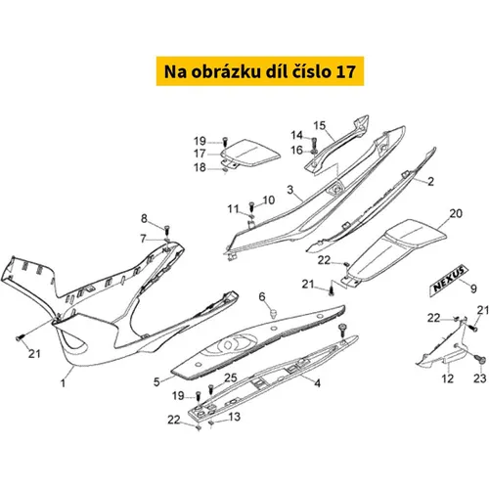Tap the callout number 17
pyautogui.click(x=200, y=154)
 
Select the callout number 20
pyautogui.click(x=456, y=213)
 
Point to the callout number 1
pyautogui.click(x=64, y=382)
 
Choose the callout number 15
pyautogui.click(x=320, y=125)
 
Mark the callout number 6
pyautogui.click(x=262, y=296)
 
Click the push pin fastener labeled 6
pyautogui.click(x=274, y=314)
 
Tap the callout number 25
pyautogui.click(x=231, y=378)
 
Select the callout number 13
pyautogui.click(x=235, y=417)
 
